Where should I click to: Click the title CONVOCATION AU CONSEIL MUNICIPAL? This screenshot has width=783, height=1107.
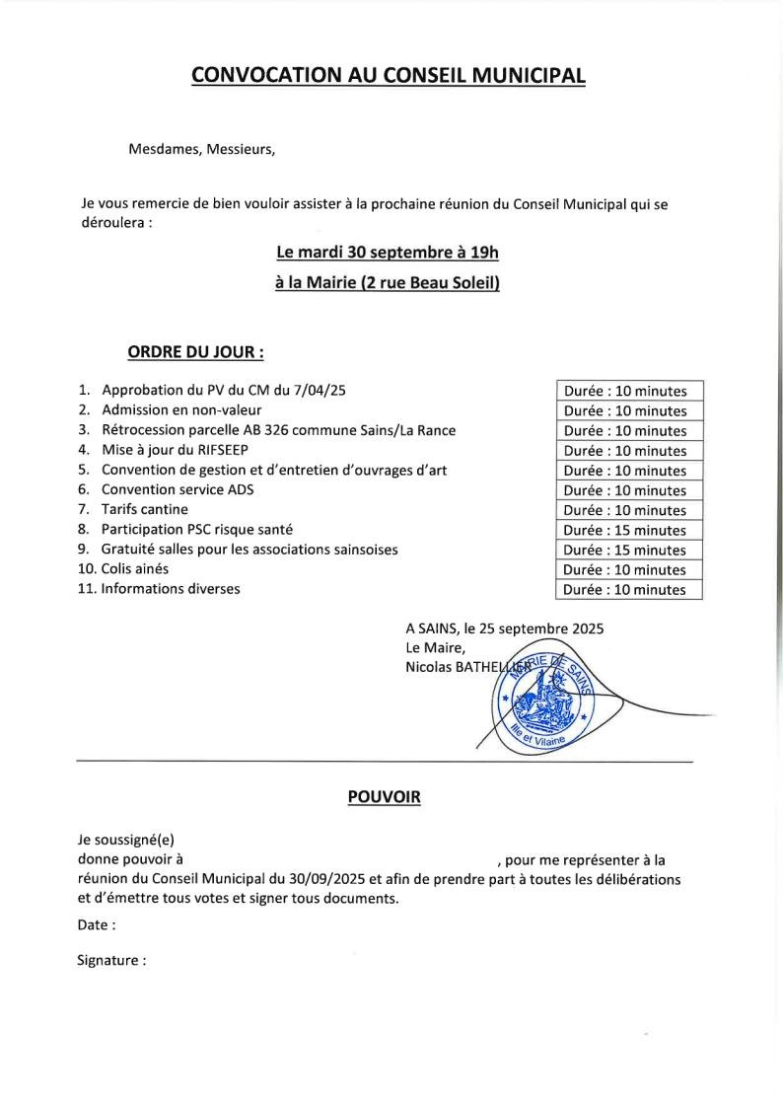click(x=389, y=76)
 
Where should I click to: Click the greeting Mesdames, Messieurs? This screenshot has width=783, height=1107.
click(x=202, y=150)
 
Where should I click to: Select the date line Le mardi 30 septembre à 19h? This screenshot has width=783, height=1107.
click(x=388, y=253)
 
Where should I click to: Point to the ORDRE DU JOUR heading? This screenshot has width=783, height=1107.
click(x=195, y=351)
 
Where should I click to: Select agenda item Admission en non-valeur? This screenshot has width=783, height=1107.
click(x=181, y=409)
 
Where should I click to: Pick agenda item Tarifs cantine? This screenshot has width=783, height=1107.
click(x=145, y=509)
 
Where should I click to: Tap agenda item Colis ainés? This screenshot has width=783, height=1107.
click(x=136, y=569)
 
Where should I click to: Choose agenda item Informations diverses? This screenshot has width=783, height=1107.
click(x=171, y=589)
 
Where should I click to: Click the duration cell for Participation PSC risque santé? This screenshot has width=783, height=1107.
click(x=628, y=530)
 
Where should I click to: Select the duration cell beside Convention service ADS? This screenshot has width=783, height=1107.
click(x=628, y=490)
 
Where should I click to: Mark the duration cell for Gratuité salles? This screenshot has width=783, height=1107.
click(x=628, y=550)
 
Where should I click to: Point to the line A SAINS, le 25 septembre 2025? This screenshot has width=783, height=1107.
click(x=504, y=627)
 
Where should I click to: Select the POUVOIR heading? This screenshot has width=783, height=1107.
click(x=384, y=797)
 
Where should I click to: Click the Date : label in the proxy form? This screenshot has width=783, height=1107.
click(x=97, y=925)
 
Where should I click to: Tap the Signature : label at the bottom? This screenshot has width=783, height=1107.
click(x=111, y=959)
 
